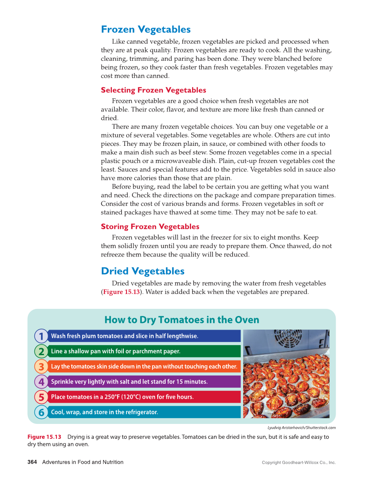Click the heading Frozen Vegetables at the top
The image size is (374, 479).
tap(145, 30)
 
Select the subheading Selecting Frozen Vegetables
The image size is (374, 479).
tap(153, 90)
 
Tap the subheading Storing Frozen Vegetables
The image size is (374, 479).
tap(150, 227)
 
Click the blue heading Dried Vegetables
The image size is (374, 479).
tap(142, 271)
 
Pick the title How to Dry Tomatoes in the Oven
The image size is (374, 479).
tap(181, 320)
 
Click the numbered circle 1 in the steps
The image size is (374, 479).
tap(41, 336)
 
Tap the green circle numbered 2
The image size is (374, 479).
tap(41, 352)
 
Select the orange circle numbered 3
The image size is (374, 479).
tap(41, 367)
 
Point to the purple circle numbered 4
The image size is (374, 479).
tap(41, 382)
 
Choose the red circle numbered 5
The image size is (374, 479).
tap(41, 397)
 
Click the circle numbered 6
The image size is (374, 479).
tap(41, 412)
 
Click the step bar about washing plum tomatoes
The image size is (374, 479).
tap(144, 336)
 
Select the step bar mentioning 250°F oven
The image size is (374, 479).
tap(144, 397)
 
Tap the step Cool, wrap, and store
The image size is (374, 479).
tap(144, 412)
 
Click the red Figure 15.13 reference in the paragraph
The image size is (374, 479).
tap(121, 292)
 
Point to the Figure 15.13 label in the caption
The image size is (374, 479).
tap(44, 437)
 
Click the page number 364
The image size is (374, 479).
tap(32, 462)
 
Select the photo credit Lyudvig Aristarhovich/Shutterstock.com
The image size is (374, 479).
tap(301, 427)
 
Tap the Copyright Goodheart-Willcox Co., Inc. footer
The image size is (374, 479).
tap(298, 463)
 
